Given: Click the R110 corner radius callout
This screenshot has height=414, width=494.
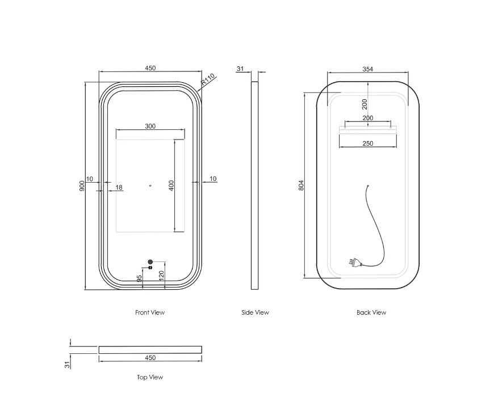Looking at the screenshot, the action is [208, 80].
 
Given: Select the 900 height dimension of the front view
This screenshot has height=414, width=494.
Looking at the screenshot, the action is [82, 186].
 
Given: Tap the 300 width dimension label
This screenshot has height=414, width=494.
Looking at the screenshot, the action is [150, 126].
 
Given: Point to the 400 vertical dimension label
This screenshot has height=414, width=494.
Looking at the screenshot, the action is [171, 185].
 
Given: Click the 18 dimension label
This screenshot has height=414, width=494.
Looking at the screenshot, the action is [119, 188].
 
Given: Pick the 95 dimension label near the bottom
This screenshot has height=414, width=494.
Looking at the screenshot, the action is [139, 278].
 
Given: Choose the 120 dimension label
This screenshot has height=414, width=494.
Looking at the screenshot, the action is [161, 276].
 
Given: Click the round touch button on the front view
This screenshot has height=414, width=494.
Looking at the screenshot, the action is [150, 262].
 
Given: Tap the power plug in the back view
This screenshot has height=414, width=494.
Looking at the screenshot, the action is [354, 262].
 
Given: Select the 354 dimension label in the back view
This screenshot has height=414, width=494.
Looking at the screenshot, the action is [368, 69].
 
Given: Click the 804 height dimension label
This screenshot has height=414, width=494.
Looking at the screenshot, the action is [301, 185].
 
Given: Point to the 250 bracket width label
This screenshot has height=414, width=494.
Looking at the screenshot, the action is [368, 143].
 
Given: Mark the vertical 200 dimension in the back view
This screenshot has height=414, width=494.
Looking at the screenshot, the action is [365, 104].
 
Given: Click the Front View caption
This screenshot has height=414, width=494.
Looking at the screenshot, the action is [150, 312].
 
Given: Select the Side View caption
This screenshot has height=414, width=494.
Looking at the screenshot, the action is [255, 312].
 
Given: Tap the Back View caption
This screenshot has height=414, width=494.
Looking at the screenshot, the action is [371, 312].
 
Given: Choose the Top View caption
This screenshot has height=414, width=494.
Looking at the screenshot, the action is [150, 377].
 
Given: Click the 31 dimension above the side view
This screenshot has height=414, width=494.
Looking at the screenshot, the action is [240, 69].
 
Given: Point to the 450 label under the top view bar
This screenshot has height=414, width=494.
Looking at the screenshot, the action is [150, 358].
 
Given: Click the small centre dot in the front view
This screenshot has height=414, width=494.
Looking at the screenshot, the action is [150, 185].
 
